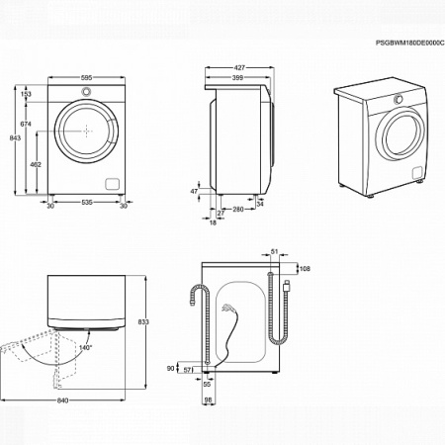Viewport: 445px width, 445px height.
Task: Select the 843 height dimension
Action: (14, 138)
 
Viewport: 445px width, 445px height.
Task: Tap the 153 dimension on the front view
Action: (27, 94)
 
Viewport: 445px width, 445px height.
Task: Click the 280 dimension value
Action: (238, 210)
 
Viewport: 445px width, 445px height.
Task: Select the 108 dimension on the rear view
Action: (305, 269)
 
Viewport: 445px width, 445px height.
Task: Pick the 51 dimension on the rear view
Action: (275, 254)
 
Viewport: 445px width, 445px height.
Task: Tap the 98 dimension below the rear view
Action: (209, 400)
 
